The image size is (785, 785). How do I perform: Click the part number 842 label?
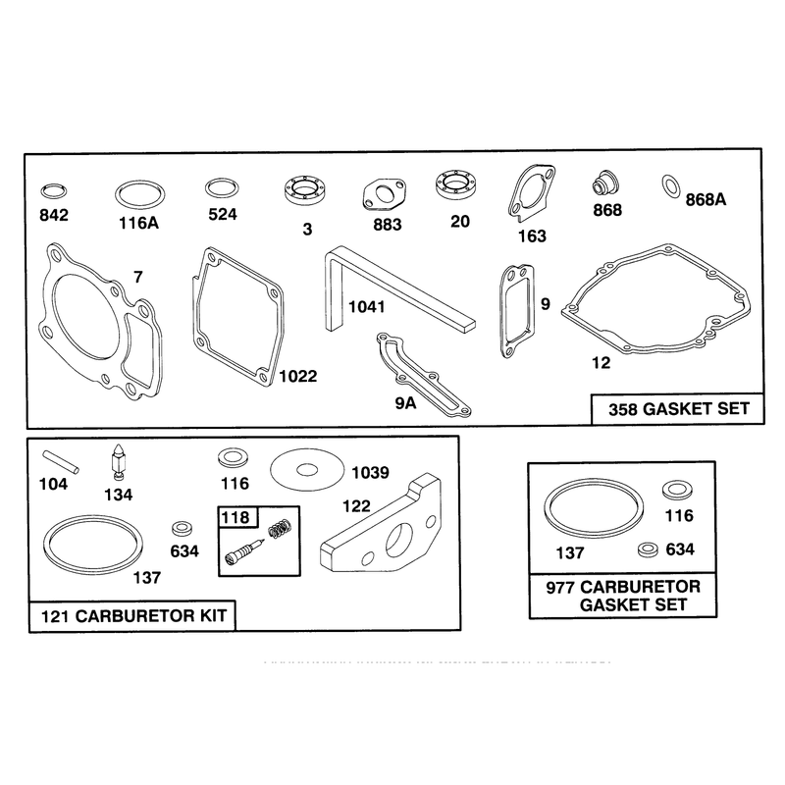54,215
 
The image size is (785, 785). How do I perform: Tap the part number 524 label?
223,214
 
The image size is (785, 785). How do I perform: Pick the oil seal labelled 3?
303,190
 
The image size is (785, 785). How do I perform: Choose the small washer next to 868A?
670,186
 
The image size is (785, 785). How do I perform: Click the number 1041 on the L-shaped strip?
366,306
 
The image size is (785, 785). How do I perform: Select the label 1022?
298,376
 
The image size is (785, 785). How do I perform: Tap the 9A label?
405,403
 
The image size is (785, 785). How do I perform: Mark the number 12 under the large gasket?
601,362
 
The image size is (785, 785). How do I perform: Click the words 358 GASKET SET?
679,409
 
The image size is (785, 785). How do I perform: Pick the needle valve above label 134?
118,461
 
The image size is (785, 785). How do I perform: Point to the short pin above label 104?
61,461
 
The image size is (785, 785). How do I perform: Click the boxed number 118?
235,517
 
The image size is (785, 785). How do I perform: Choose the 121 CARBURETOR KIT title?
133,616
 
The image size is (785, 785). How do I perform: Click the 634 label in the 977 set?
680,549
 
